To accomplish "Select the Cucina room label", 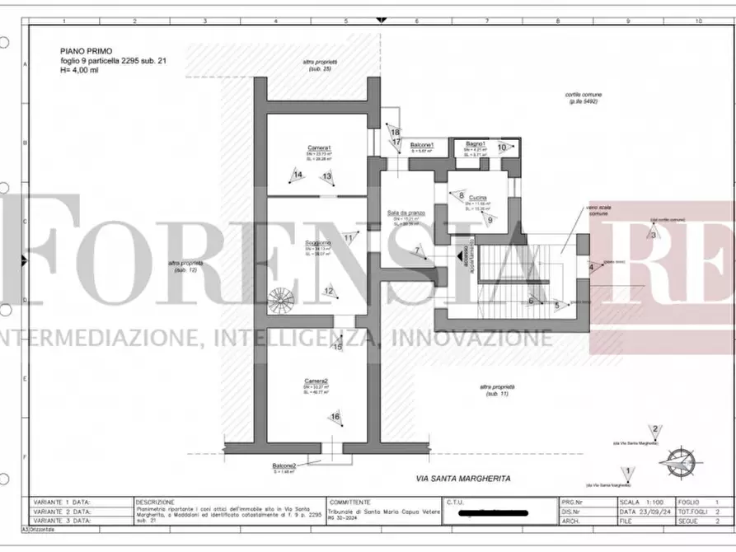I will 477,199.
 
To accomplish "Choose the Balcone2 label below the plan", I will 284,465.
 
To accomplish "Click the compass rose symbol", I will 682,459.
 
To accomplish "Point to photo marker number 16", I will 335,417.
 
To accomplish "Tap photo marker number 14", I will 298,175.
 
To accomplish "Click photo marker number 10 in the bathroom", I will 502,147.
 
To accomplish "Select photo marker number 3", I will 654,235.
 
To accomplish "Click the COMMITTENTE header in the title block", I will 350,501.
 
